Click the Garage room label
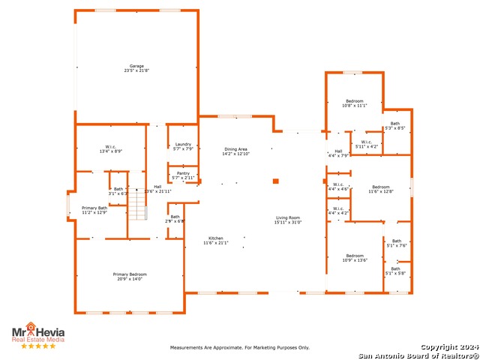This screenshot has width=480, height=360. (x=136, y=68)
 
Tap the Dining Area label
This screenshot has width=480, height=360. (x=235, y=151)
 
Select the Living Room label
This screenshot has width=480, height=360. (x=288, y=220)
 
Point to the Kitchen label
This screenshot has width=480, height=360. (x=215, y=240)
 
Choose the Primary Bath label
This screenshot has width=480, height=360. (x=94, y=210)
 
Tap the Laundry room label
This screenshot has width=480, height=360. (x=183, y=147)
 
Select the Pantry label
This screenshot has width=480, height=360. (x=183, y=175)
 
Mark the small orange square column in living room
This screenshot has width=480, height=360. (x=276, y=181)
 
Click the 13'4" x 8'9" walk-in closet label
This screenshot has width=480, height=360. (x=110, y=149)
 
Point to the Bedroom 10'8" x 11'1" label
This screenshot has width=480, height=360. (x=354, y=103)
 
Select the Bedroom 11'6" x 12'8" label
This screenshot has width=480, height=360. (x=381, y=189)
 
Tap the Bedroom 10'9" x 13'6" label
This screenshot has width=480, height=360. (x=355, y=258)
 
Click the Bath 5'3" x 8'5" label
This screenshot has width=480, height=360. (x=395, y=126)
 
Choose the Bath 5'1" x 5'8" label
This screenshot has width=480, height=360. (x=395, y=271)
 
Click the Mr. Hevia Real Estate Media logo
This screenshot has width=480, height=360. (x=37, y=334)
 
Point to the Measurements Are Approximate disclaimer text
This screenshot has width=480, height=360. (x=240, y=348)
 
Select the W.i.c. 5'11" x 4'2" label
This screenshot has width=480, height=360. (x=365, y=144)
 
